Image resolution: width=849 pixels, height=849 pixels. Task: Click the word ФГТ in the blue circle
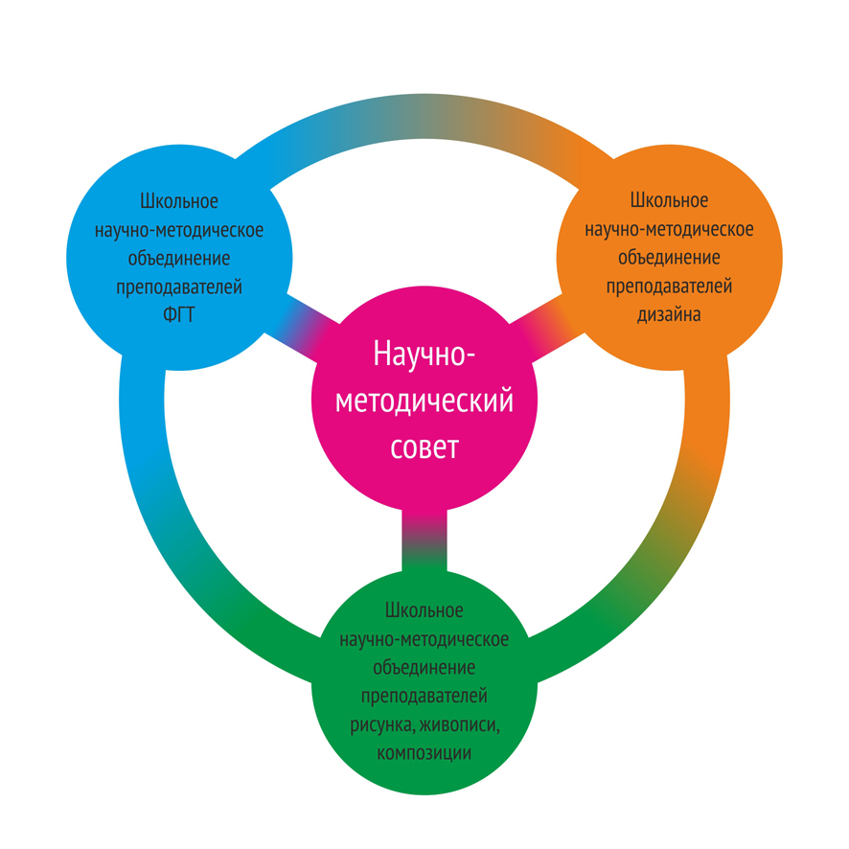[x=178, y=315]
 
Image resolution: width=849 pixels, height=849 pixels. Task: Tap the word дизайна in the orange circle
[x=669, y=314]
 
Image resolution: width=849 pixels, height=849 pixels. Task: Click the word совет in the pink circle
[x=424, y=447]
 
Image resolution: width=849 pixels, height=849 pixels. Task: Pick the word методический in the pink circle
[x=424, y=401]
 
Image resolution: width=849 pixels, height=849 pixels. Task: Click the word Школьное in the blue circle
[x=179, y=202]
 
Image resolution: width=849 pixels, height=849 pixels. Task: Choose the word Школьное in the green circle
[x=424, y=610]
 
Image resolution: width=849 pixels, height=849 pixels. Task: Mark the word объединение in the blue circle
[x=178, y=259]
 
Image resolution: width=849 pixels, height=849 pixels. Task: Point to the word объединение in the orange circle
[x=669, y=258]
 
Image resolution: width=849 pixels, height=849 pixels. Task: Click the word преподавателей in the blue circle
[x=178, y=287]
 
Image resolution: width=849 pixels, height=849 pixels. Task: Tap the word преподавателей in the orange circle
[x=669, y=286]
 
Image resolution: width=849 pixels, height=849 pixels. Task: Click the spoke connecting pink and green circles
[x=424, y=537]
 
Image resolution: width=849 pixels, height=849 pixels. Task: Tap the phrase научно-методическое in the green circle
[x=424, y=639]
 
